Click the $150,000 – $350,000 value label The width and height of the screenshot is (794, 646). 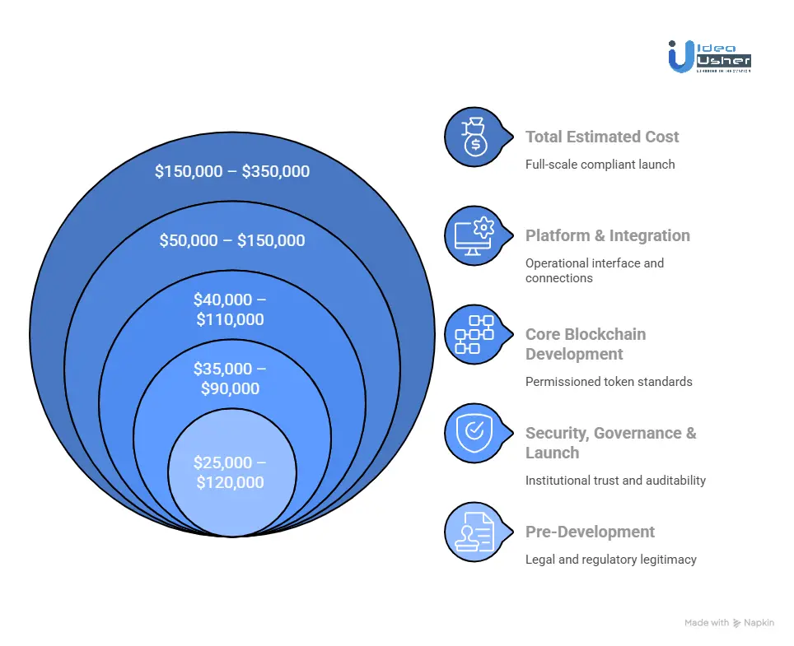pyautogui.click(x=232, y=171)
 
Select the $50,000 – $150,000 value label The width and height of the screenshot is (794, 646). pyautogui.click(x=232, y=240)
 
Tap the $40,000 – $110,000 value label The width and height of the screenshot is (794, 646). pyautogui.click(x=231, y=309)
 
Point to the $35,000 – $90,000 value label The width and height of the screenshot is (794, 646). pyautogui.click(x=231, y=379)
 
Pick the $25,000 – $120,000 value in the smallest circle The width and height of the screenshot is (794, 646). pyautogui.click(x=231, y=472)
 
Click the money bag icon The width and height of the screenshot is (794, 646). pyautogui.click(x=474, y=137)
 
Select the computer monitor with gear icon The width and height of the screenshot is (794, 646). pyautogui.click(x=474, y=235)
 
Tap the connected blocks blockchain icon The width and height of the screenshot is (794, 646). pyautogui.click(x=474, y=334)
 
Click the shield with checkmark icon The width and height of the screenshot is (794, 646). pyautogui.click(x=474, y=433)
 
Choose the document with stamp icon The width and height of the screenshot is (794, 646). pyautogui.click(x=474, y=532)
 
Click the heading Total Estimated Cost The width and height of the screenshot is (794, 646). pyautogui.click(x=602, y=137)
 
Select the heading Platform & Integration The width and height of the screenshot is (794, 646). pyautogui.click(x=607, y=236)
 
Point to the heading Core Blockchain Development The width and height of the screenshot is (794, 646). pyautogui.click(x=586, y=344)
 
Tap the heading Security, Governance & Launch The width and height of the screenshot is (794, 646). pyautogui.click(x=610, y=443)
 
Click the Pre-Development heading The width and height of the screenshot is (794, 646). pyautogui.click(x=590, y=532)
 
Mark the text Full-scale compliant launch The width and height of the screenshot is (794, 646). pyautogui.click(x=600, y=165)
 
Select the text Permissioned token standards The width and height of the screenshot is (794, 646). pyautogui.click(x=609, y=382)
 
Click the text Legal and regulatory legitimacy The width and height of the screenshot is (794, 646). pyautogui.click(x=610, y=560)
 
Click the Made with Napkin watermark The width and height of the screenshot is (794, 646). pyautogui.click(x=729, y=623)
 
